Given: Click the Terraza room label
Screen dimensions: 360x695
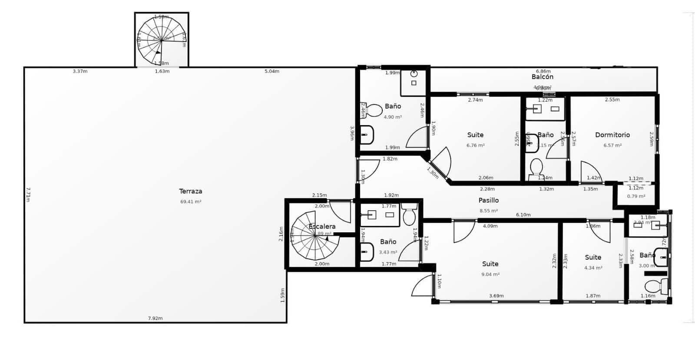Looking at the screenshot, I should tap(191, 191).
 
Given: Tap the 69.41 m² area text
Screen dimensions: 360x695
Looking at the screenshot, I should tap(191, 201).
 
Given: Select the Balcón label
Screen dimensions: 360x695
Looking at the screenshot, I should tap(543, 77).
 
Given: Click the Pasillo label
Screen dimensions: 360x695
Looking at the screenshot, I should tap(489, 200).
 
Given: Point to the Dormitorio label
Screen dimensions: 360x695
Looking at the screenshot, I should tap(612, 135).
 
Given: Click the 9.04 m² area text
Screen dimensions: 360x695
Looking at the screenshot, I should tap(490, 274).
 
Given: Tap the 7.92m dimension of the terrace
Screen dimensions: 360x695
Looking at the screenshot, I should tap(155, 318).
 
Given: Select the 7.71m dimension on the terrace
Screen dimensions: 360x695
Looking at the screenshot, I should tap(28, 194).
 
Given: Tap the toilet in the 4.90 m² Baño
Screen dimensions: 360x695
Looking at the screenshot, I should tap(372, 110).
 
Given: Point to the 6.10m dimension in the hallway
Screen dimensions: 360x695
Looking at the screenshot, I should tap(523, 215).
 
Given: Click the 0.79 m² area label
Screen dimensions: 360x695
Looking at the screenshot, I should tap(636, 196).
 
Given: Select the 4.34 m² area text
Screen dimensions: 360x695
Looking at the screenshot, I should tap(593, 268).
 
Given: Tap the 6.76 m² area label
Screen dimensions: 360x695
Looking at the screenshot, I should tap(475, 145).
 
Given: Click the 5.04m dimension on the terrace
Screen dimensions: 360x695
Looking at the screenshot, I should tap(272, 71).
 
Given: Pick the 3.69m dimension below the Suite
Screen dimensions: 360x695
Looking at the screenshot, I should tap(496, 296).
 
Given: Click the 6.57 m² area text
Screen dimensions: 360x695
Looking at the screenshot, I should tap(612, 145).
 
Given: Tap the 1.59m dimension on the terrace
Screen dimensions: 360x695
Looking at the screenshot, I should tap(282, 295).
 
